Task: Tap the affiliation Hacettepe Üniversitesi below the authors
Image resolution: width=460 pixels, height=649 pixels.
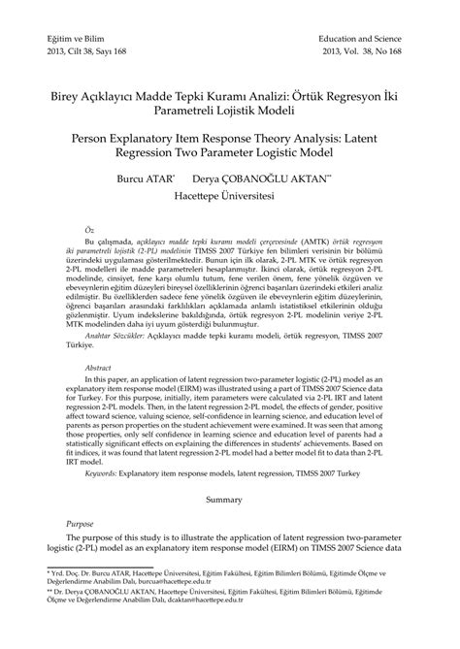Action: pyautogui.click(x=229, y=194)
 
